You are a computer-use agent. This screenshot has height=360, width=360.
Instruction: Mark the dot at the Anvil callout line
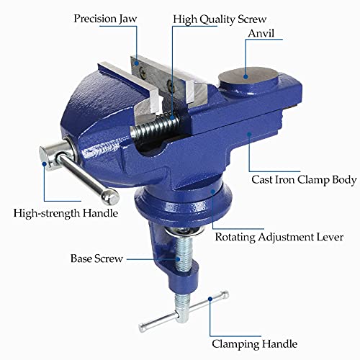(246, 72)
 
